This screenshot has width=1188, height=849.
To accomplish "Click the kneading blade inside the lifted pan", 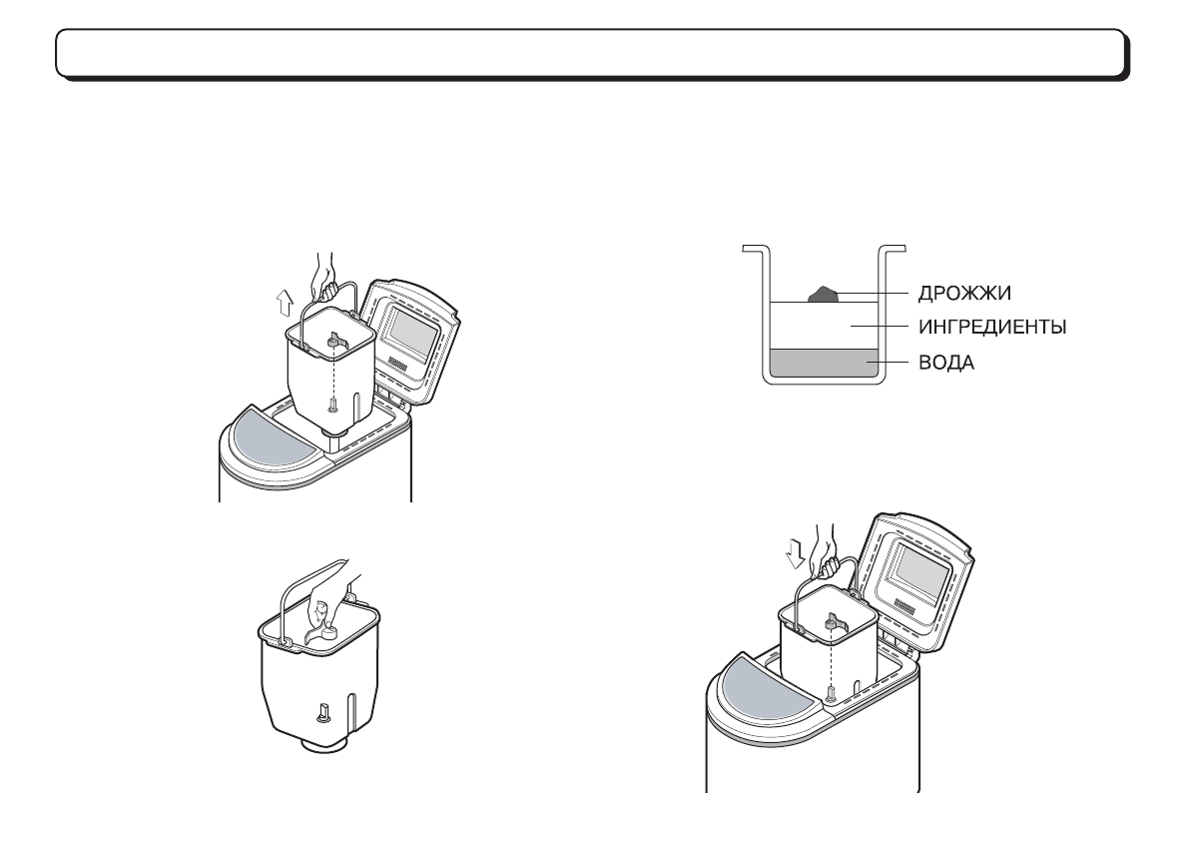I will tap(332, 345).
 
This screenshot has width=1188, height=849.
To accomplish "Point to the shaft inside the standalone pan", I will tap(322, 712).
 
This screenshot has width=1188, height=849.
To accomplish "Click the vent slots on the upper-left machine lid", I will tap(398, 366).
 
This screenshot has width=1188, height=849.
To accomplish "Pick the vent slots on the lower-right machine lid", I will tap(907, 606).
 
